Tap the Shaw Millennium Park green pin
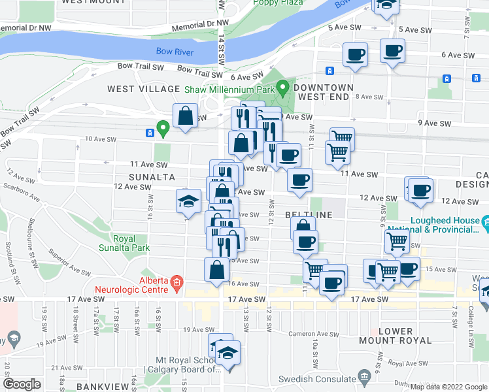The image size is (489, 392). point(282,87)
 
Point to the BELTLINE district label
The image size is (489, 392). point(306,214)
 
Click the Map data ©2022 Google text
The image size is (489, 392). point(448,387)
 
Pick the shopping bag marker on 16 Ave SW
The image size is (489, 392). point(217,269)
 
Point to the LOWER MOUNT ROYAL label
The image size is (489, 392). point(395,336)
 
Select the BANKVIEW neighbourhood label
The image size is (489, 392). point(98,386)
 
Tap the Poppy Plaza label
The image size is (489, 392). point(278,3)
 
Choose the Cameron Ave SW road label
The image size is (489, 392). point(314,334)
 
